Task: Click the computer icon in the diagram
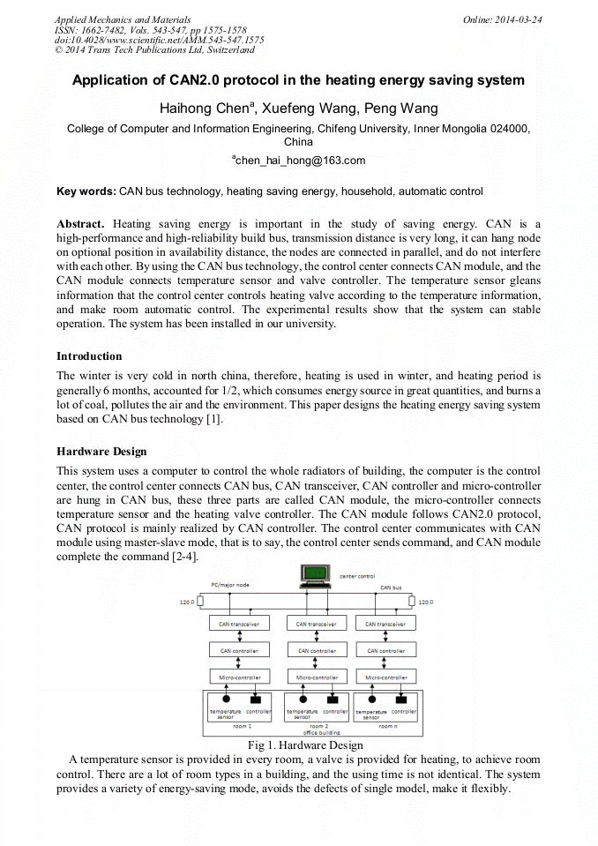315,576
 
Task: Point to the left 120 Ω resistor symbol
200,603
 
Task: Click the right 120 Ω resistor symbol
411,603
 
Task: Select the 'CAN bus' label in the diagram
391,587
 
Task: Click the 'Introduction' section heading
89,356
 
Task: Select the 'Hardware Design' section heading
101,452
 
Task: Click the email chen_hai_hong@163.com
299,161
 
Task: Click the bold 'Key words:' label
86,191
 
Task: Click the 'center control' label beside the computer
357,576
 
